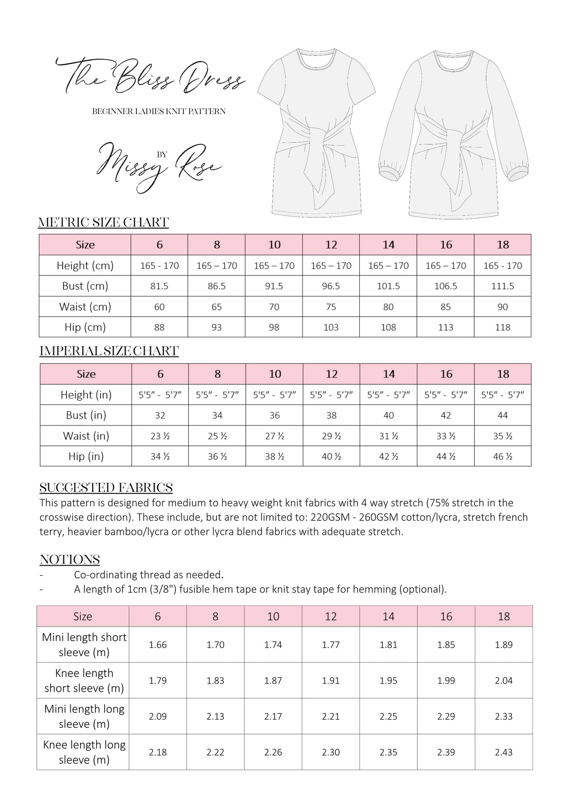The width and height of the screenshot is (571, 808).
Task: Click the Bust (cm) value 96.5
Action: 331,286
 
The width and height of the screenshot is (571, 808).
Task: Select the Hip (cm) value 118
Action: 503,327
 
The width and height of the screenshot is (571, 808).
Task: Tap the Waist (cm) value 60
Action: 159,307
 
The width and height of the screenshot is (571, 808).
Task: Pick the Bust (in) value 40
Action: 389,415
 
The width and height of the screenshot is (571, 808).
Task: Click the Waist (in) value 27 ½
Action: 275,436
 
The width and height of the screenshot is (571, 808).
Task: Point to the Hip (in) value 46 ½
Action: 503,457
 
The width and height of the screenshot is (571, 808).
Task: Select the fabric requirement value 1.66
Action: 158,645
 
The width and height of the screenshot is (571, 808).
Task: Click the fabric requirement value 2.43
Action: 504,752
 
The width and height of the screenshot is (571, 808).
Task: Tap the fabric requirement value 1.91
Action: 331,681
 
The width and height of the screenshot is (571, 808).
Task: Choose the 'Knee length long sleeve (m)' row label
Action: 84,752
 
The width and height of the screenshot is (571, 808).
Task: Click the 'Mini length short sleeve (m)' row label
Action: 84,645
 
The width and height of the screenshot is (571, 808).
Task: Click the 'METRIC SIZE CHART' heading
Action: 104,223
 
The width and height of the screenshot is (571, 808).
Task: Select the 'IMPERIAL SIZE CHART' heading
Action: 109,351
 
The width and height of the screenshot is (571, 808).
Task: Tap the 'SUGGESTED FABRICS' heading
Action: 106,488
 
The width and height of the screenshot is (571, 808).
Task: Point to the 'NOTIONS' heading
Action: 70,560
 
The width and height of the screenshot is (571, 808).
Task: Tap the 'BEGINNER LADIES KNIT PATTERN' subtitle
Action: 159,111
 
